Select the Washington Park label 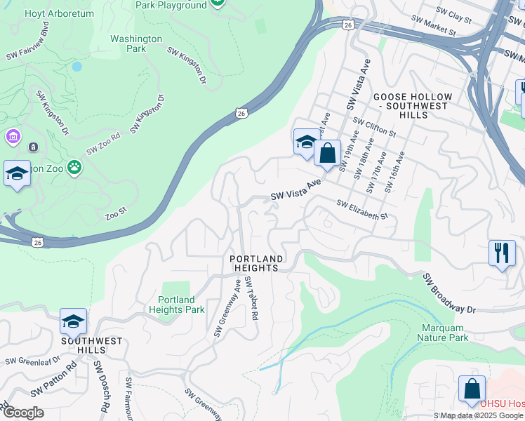coord(136,44)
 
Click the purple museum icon coord(13,135)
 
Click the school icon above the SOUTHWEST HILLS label coord(73,321)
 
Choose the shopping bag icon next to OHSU coord(472,389)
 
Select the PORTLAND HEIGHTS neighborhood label coord(257,263)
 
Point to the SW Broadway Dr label coord(450,293)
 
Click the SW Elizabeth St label coord(362,210)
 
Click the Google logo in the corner coord(22,413)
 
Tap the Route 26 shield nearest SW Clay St coord(348,25)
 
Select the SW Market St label coord(434,27)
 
